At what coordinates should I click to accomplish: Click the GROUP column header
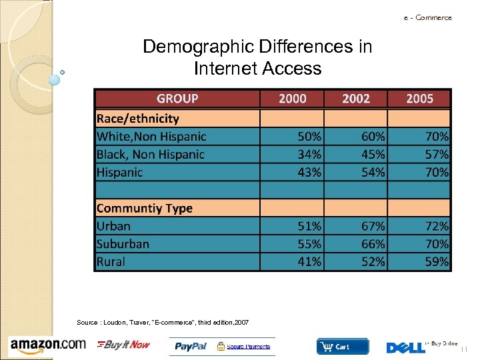tap(177, 99)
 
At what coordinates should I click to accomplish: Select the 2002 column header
tap(356, 99)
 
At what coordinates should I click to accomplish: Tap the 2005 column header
tap(419, 99)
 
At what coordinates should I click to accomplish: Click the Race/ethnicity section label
tap(138, 119)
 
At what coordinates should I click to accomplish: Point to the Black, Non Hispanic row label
tap(151, 154)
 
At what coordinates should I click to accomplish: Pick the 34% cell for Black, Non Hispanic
tap(309, 154)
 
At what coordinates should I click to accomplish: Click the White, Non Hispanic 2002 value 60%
tap(373, 136)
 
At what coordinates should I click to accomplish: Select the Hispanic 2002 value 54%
tap(373, 172)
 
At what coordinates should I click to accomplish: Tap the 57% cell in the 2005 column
tap(437, 154)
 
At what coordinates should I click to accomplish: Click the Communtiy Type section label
tap(145, 208)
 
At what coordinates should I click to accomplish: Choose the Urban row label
tap(114, 226)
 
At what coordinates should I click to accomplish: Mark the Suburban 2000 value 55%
tap(309, 244)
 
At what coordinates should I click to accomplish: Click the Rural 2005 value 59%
tap(437, 262)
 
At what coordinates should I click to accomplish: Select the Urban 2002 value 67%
tap(373, 226)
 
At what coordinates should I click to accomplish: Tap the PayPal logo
tap(191, 346)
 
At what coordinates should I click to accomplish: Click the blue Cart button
tap(342, 346)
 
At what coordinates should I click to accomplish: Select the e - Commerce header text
tap(427, 17)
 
